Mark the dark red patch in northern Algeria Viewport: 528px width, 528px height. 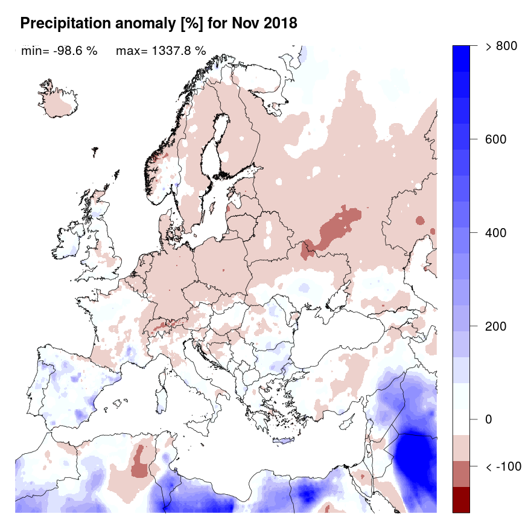141,462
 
